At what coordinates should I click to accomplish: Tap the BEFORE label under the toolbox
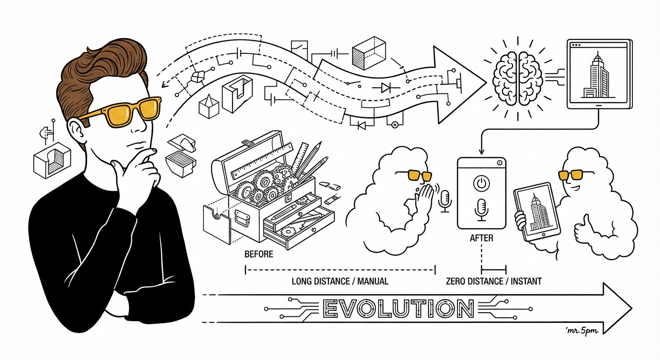(259, 254)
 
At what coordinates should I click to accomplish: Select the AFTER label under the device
(481, 238)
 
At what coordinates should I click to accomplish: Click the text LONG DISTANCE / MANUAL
(340, 281)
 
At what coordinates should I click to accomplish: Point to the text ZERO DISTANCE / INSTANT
(494, 281)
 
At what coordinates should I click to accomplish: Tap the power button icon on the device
(481, 183)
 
